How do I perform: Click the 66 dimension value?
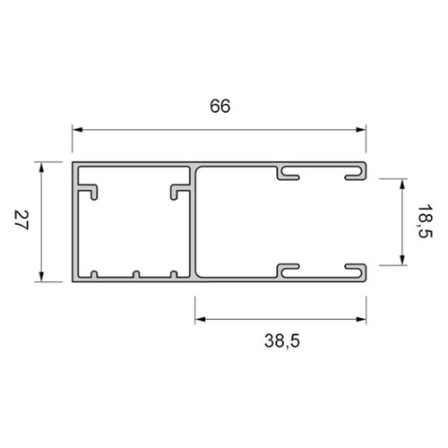[x=220, y=106]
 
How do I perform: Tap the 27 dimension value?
[x=22, y=220]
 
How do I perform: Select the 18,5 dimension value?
[x=425, y=221]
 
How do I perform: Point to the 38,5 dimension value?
[x=282, y=340]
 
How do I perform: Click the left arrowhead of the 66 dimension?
[x=77, y=130]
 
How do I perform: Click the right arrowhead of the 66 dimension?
[x=361, y=130]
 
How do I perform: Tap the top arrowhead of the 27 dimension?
[x=41, y=168]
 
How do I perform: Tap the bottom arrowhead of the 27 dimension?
[x=41, y=276]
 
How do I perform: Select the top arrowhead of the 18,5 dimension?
[x=402, y=184]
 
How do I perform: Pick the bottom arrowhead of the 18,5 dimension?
[x=402, y=260]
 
